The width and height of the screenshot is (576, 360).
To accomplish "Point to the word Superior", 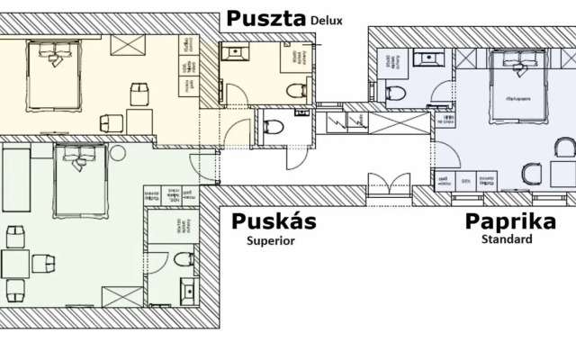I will coord(270,240).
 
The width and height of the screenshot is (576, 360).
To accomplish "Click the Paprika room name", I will coord(509,222).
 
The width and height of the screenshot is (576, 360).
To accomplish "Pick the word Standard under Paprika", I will coord(506,239).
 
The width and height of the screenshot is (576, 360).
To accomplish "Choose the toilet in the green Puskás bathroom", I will coord(183,261).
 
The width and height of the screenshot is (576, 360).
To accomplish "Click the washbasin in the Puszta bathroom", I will coord(236,53).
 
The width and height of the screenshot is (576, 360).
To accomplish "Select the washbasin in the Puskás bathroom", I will coord(189,292).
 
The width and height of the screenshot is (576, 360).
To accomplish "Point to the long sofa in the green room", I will coord(15,180).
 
